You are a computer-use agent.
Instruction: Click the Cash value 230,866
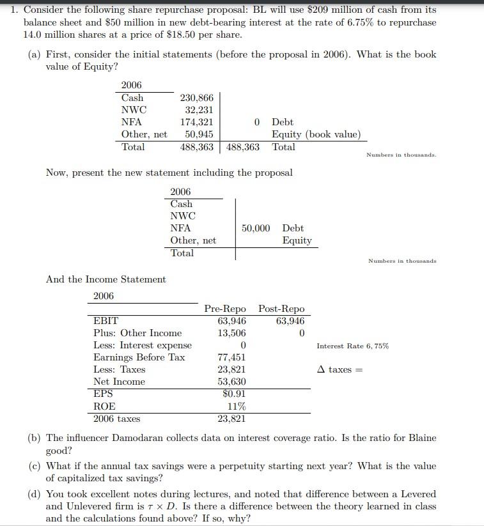[197, 98]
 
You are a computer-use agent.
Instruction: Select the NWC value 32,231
[199, 110]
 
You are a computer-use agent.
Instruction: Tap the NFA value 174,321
[197, 122]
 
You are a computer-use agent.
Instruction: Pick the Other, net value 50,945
[199, 134]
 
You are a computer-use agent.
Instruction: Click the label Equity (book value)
[316, 134]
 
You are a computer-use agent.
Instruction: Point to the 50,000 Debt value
[256, 228]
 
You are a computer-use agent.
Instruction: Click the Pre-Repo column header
[225, 309]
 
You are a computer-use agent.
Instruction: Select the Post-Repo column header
[281, 309]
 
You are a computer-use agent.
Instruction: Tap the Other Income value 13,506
[231, 333]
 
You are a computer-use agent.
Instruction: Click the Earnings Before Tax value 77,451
[231, 357]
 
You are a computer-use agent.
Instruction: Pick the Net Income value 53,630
[231, 382]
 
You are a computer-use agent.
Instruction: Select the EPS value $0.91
[233, 394]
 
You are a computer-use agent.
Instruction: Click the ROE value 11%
[237, 406]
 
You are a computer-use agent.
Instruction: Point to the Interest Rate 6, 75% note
[352, 346]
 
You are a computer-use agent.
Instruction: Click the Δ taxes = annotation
[340, 370]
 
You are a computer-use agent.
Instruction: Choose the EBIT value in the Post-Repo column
[290, 321]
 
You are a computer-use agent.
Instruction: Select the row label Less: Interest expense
[143, 345]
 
